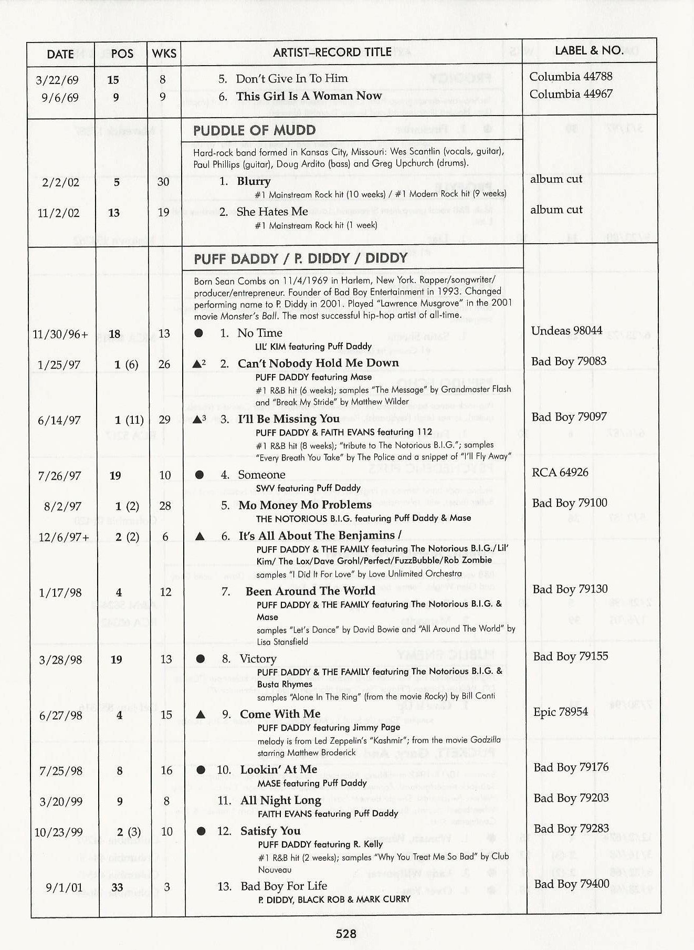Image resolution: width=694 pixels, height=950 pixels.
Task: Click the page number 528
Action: tap(346, 933)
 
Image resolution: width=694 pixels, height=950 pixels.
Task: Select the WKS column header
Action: tap(164, 54)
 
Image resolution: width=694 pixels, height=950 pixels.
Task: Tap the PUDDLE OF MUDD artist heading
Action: tap(254, 130)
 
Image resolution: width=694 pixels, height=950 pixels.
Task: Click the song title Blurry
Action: tap(254, 181)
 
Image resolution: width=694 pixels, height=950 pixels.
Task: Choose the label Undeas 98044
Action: tap(566, 330)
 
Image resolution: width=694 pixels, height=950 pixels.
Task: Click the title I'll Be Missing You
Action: tap(288, 419)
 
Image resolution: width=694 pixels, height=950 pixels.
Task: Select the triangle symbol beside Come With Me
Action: tap(200, 714)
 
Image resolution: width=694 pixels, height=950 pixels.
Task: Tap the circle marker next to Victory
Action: tap(200, 659)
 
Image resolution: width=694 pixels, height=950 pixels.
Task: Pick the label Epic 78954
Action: tap(561, 712)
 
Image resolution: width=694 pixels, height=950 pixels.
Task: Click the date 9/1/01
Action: tap(64, 888)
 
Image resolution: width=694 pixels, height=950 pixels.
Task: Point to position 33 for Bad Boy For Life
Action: tap(117, 888)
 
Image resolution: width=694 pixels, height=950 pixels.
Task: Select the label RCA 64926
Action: tap(560, 472)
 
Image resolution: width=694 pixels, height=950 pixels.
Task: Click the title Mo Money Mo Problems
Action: tap(304, 505)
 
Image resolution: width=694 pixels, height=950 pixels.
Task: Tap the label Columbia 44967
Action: tap(571, 94)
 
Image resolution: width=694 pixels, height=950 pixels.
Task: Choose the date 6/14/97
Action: tap(59, 420)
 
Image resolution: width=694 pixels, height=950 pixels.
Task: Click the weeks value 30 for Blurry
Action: tap(163, 182)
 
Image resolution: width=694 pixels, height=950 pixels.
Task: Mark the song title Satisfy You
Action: tap(270, 831)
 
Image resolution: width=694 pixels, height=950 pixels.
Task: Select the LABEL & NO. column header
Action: tap(589, 50)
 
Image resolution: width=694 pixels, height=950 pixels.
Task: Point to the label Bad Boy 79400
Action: tap(572, 884)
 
